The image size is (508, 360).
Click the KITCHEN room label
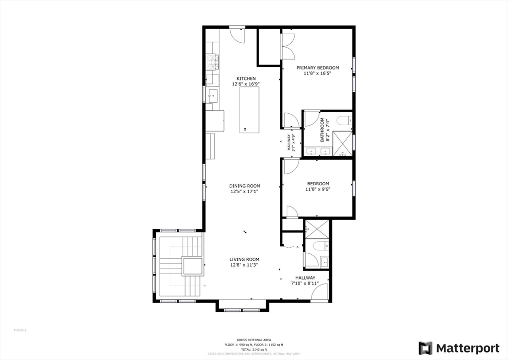pos(246,78)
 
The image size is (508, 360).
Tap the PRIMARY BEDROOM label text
pos(317,68)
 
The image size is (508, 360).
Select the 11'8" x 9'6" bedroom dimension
pos(317,189)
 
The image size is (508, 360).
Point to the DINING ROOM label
pos(245,186)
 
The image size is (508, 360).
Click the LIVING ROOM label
pos(244,259)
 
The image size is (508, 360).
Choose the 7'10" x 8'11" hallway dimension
pos(305,284)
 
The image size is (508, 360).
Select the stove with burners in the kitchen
pos(212,62)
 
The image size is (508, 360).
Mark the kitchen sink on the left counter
pos(212,95)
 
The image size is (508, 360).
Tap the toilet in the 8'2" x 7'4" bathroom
pos(344,120)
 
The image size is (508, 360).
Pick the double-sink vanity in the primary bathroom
pos(318,151)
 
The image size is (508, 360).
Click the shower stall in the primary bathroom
pos(342,144)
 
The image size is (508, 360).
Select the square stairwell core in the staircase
pos(192,266)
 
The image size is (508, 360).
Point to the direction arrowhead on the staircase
pos(204,286)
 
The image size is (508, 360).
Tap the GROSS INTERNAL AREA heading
pos(254,340)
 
